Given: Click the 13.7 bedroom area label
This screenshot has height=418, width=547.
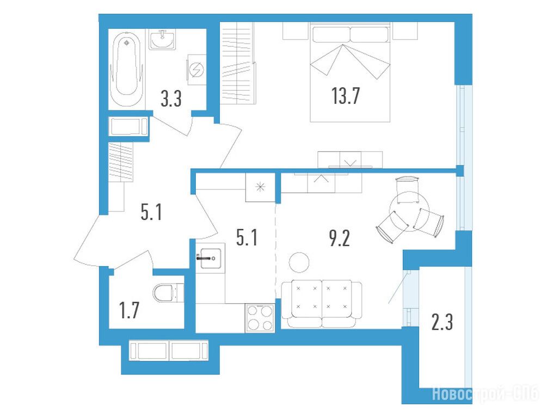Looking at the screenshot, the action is [x=346, y=96].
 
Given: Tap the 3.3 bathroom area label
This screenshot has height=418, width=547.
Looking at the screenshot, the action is [x=171, y=99].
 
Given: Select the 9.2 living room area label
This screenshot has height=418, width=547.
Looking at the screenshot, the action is [x=340, y=238].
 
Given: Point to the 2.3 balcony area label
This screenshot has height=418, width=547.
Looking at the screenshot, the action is [x=442, y=322].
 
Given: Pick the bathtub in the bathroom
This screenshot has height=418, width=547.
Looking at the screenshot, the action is [x=126, y=70].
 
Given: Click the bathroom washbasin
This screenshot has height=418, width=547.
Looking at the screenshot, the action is [x=163, y=39].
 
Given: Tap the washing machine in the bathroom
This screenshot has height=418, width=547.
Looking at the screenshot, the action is [x=196, y=70].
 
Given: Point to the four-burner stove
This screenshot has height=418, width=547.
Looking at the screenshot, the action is [x=260, y=318].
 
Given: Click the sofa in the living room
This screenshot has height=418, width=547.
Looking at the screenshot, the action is [x=322, y=304].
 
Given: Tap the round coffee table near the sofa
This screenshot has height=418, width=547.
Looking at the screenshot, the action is [x=299, y=262].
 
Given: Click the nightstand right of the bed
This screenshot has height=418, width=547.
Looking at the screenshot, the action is [x=405, y=30].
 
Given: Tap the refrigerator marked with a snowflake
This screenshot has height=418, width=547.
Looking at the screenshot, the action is [x=260, y=187].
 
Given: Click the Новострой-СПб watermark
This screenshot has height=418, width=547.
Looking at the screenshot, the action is [x=485, y=394].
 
